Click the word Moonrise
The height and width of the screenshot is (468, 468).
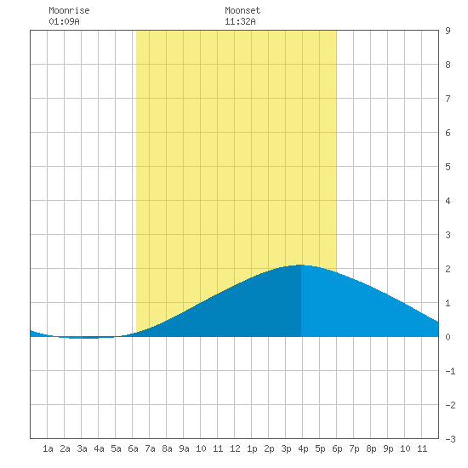tap(69, 10)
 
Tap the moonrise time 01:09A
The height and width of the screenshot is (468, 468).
tap(64, 21)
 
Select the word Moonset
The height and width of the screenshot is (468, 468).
tap(243, 10)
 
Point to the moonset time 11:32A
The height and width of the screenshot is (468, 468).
tap(240, 21)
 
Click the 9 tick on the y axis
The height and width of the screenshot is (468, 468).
tap(448, 31)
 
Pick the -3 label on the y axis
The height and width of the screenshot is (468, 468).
tap(450, 439)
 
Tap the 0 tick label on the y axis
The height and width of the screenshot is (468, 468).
tap(448, 337)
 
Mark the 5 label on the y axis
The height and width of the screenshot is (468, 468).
tap(448, 167)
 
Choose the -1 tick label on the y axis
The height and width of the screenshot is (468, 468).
tap(450, 371)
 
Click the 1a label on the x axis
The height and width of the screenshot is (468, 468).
tap(48, 448)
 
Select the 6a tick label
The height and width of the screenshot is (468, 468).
tap(133, 448)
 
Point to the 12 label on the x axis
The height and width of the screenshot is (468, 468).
tap(235, 448)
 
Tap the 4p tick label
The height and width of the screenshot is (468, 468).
tap(303, 448)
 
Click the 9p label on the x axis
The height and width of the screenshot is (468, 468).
tap(388, 448)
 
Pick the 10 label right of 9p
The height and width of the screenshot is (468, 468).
tap(405, 448)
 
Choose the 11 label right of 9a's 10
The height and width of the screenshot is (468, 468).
tap(218, 448)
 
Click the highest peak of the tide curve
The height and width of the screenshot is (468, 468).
tap(300, 265)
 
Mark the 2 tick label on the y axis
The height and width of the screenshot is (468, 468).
tap(448, 269)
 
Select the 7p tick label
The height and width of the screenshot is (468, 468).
tap(354, 448)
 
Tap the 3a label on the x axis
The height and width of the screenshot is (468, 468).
tap(82, 448)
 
